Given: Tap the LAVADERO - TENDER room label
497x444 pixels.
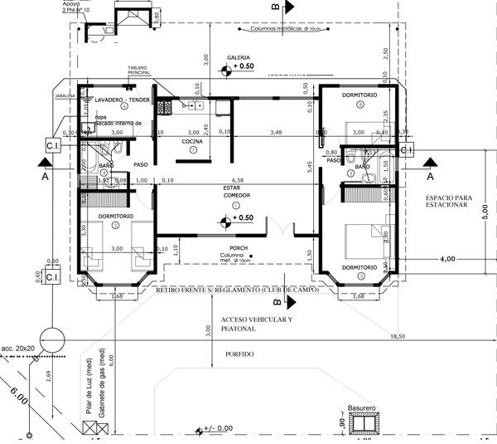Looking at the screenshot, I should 122,99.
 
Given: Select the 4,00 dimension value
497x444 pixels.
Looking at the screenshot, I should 447,259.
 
